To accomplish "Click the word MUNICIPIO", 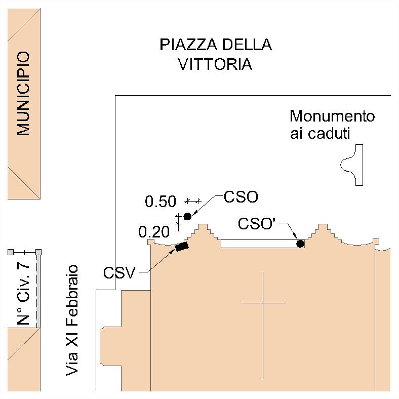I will tap(23, 94).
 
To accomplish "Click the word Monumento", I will tap(332, 116).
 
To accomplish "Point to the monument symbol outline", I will tap(353, 165).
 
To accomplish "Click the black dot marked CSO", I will tap(187, 216).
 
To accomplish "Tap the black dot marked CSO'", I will tap(300, 244).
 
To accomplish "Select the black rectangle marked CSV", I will tap(182, 247).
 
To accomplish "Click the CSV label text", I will tap(119, 273).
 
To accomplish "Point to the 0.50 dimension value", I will tap(161, 202).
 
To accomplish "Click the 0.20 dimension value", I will tap(153, 232).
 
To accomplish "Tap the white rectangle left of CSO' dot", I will tap(258, 244).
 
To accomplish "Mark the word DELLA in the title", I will tap(245, 45).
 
